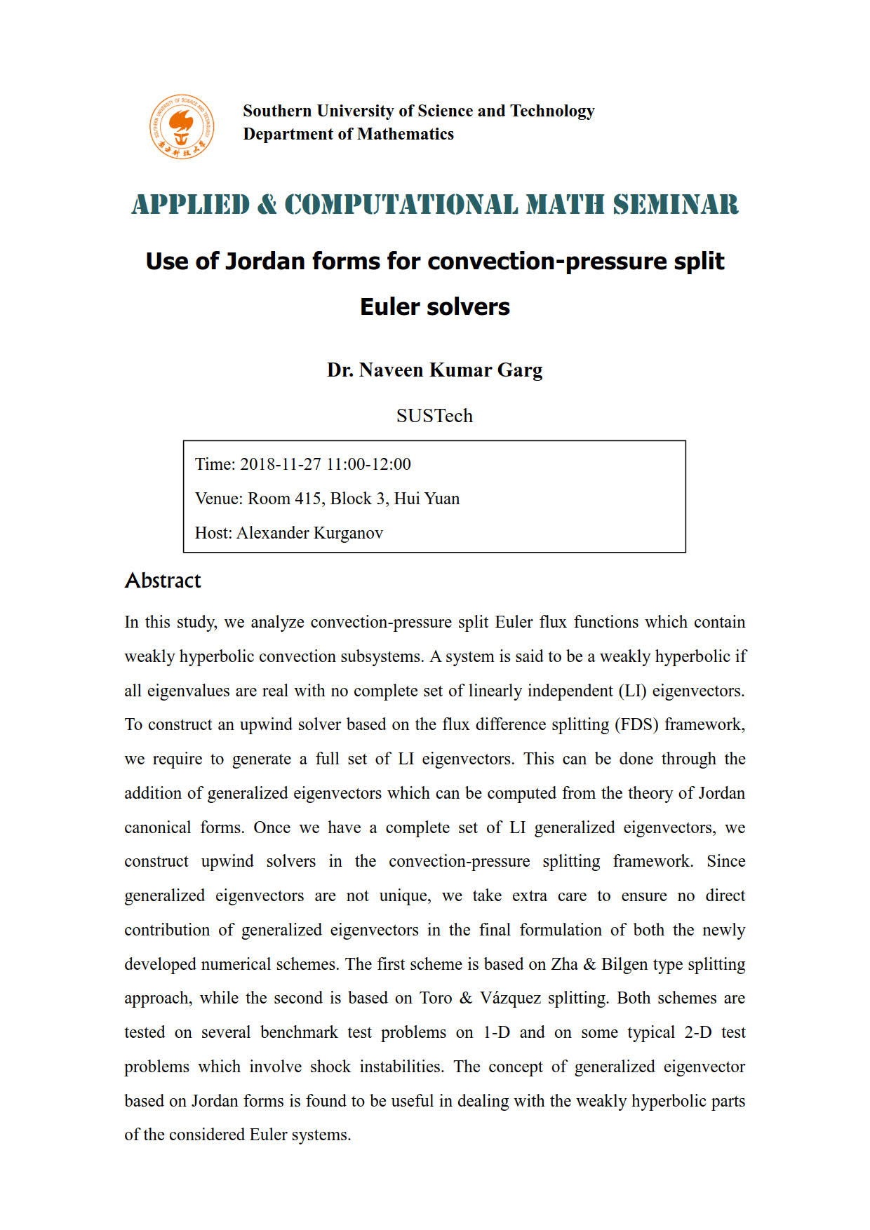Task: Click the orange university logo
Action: pos(182,127)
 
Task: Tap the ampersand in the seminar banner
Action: pos(267,205)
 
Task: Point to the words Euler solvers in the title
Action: pos(434,306)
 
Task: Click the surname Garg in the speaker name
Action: pos(520,370)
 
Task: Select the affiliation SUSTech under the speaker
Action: pos(434,416)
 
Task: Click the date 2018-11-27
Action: pos(281,464)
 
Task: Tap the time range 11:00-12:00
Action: pos(368,464)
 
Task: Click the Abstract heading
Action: pos(163,581)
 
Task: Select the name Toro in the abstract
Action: pos(436,998)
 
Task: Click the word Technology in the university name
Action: pos(552,111)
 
